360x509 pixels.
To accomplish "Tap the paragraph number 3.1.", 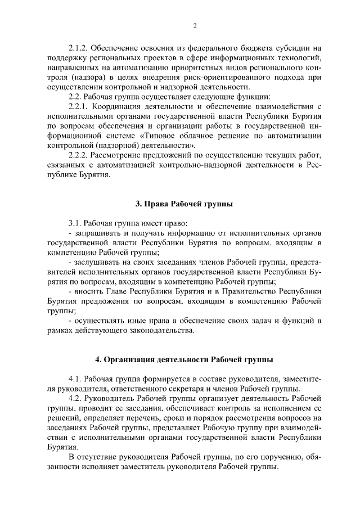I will click(x=74, y=223).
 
